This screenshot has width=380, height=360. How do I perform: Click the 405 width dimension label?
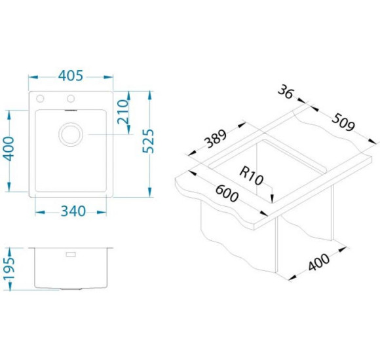point(71,76)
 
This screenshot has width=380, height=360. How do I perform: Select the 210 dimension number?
point(123,111)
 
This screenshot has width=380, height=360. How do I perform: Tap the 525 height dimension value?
point(148,141)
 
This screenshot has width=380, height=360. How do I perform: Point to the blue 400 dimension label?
point(9,149)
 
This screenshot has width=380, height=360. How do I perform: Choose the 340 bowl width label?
point(73,211)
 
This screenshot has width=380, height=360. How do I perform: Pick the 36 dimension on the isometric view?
point(286,92)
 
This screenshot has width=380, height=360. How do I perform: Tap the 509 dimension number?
point(343,122)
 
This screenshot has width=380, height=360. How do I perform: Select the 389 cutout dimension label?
point(215,139)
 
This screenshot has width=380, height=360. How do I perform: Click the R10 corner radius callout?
point(251,176)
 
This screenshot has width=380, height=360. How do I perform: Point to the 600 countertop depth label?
point(227,193)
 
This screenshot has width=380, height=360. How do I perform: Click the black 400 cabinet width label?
point(318,262)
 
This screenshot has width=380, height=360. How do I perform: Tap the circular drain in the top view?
point(71,134)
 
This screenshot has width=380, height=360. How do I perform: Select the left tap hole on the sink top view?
point(40,99)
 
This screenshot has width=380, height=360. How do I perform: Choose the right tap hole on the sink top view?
point(71,99)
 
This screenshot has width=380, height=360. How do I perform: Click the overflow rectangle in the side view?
point(71,254)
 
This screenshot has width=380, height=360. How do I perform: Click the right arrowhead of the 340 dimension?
point(102,212)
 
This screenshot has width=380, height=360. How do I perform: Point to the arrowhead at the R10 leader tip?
point(272,198)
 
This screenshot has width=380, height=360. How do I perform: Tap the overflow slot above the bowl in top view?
point(71,111)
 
